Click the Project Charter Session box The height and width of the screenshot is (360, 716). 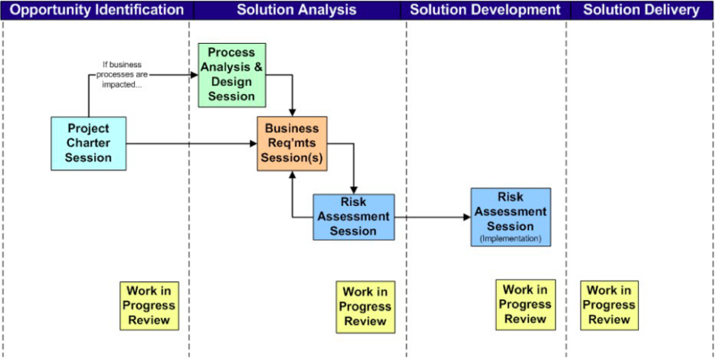(89, 143)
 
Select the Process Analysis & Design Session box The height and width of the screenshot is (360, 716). (232, 75)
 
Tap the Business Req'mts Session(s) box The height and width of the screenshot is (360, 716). (292, 143)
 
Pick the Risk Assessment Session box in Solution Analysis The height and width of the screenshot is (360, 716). (354, 217)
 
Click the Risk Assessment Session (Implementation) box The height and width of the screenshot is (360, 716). (511, 216)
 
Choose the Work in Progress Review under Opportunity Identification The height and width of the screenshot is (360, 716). (149, 304)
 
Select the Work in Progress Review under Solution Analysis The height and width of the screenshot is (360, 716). (365, 305)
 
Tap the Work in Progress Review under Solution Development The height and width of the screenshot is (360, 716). (524, 304)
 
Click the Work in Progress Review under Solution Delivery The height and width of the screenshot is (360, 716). (609, 304)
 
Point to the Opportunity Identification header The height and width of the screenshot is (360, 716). (96, 10)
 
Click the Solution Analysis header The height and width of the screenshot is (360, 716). (296, 10)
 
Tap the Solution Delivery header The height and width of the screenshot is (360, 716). (641, 10)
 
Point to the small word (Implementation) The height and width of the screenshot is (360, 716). (511, 239)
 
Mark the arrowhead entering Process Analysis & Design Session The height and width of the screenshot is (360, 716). (193, 75)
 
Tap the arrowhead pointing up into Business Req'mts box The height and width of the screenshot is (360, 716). (293, 176)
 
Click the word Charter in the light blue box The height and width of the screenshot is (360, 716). (89, 143)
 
